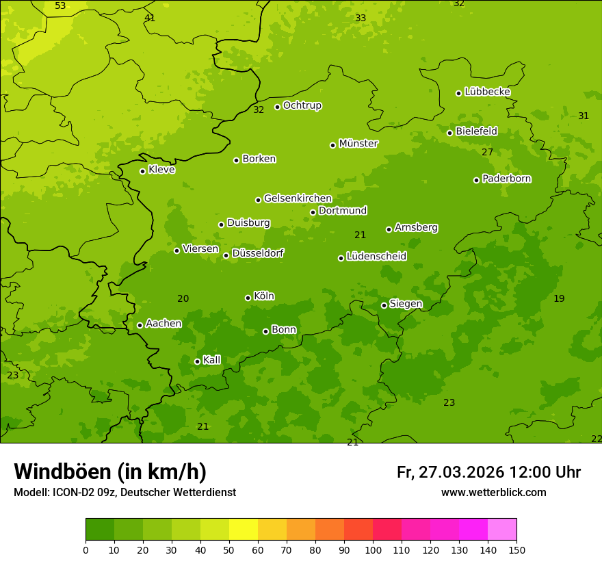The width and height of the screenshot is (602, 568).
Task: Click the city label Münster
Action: (358, 144)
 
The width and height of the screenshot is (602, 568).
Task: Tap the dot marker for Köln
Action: (248, 298)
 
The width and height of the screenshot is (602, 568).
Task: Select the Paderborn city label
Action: (507, 179)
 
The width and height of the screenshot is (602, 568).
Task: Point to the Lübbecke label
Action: (487, 92)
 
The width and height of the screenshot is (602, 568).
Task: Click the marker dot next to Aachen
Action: (140, 325)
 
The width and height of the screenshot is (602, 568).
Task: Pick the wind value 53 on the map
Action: (60, 6)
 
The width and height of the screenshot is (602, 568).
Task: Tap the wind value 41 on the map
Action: (150, 18)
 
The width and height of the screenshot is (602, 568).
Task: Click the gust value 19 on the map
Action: (559, 298)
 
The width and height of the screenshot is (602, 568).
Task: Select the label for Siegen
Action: (406, 304)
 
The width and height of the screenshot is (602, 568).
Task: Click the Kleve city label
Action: (161, 170)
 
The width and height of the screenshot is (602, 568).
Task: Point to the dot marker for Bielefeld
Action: (449, 133)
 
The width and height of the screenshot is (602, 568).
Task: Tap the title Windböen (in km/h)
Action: (110, 472)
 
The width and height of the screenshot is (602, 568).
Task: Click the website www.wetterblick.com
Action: (493, 493)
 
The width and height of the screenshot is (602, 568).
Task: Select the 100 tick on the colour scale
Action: (373, 550)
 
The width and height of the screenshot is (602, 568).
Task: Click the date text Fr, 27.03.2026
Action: (451, 472)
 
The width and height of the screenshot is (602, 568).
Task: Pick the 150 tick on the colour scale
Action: (516, 550)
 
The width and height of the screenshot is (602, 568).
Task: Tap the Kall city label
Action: (212, 360)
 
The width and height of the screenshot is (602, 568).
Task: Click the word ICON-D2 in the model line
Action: (74, 493)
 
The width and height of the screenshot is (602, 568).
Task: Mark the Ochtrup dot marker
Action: (277, 107)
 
